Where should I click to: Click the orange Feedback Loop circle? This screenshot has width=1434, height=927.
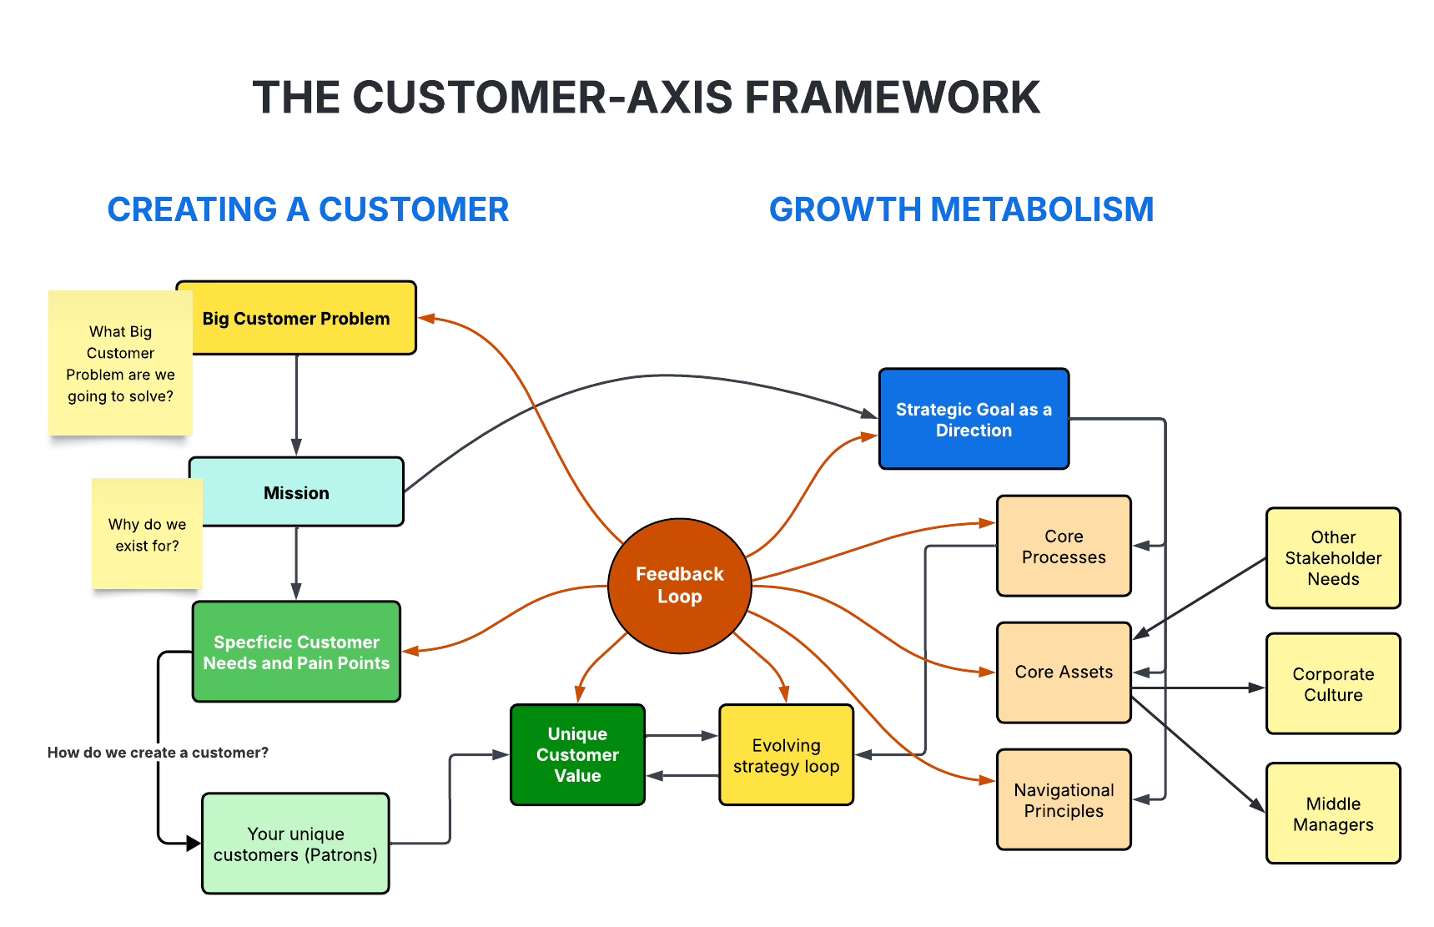(x=680, y=585)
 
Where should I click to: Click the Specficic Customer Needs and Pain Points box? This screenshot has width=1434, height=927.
(x=296, y=652)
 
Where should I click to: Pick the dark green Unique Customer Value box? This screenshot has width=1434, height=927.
(x=577, y=754)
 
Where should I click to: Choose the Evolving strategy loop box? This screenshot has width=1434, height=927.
(x=786, y=755)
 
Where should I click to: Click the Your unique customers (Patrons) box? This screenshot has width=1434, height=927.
(x=295, y=844)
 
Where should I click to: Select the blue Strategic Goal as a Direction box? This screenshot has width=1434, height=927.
(x=974, y=419)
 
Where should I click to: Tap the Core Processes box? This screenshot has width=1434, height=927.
(x=1064, y=546)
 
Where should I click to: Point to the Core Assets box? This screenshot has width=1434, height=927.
(x=1064, y=672)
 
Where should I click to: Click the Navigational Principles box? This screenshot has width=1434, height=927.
(x=1064, y=799)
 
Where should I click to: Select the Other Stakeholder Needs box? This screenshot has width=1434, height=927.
(x=1333, y=557)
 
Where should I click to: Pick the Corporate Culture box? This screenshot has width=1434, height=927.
(x=1333, y=683)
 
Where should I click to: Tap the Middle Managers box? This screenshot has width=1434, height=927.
(x=1333, y=814)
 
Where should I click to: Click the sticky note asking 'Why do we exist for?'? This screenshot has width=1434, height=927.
(x=147, y=535)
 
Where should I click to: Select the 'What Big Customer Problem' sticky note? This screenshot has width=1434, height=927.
(x=120, y=363)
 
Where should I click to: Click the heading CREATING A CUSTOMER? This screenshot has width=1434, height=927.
(x=308, y=209)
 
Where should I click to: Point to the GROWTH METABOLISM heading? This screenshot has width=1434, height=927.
(x=961, y=209)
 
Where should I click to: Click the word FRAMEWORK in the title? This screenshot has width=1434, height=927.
(x=892, y=98)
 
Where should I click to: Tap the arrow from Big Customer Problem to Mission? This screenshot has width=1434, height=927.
(x=296, y=405)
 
